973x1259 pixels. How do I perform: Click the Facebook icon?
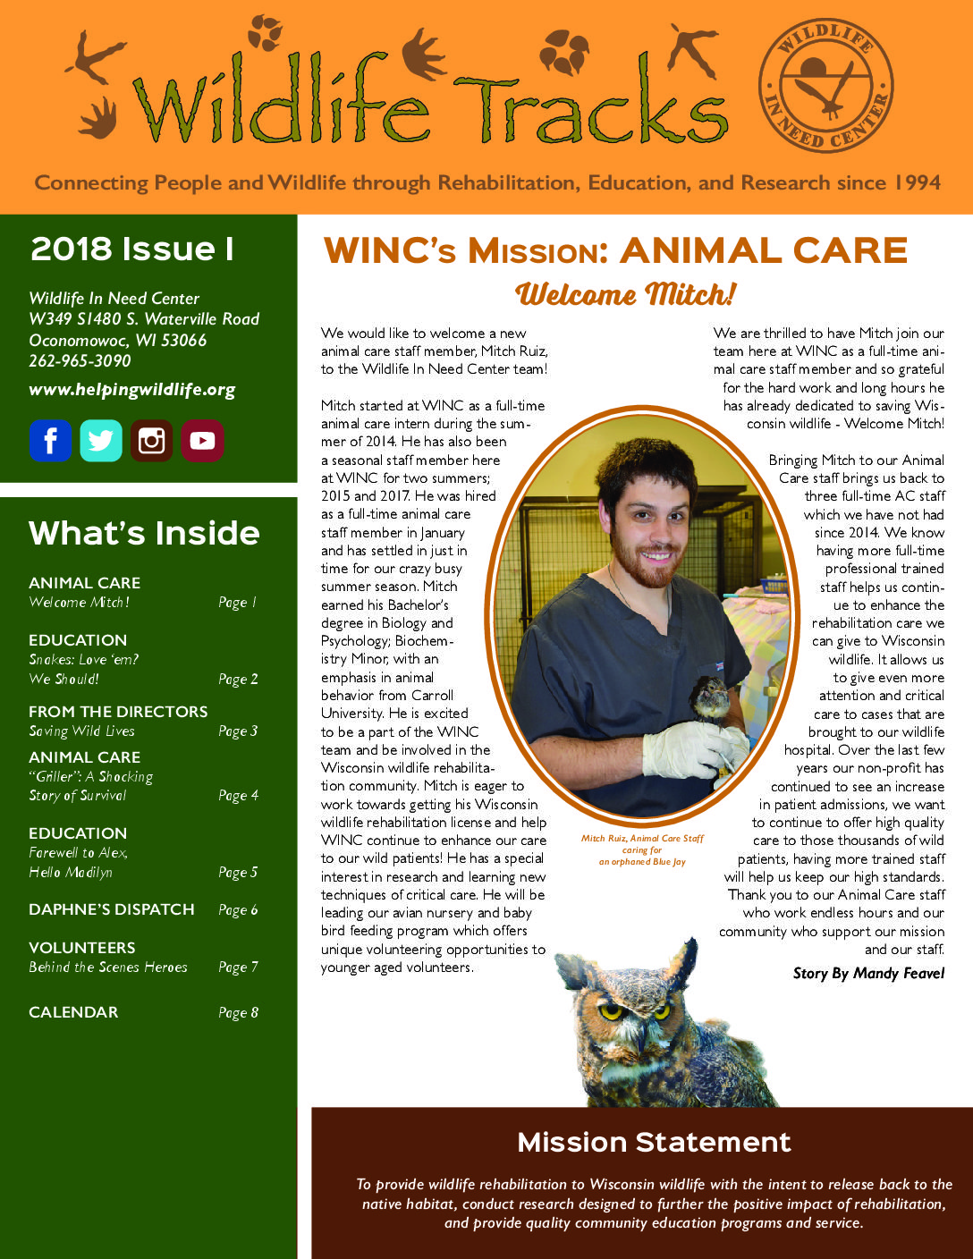click(50, 440)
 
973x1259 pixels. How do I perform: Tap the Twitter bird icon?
click(100, 440)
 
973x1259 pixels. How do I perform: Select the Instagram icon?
click(151, 440)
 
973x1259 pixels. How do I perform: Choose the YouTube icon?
click(202, 440)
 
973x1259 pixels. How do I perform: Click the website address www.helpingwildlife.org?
click(132, 390)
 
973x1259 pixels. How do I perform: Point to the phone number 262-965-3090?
click(80, 361)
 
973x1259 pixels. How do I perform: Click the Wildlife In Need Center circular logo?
click(825, 84)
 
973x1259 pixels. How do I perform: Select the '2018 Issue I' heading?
click(132, 249)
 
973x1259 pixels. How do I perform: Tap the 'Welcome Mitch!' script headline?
click(626, 294)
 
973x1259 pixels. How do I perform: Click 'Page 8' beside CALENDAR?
click(238, 1012)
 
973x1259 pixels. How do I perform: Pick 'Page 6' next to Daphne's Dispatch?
click(238, 909)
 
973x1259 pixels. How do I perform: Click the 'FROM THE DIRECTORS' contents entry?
click(118, 712)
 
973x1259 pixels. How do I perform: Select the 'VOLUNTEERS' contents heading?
click(82, 948)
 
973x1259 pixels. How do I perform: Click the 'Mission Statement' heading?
click(654, 1142)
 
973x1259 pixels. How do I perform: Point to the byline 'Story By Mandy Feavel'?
click(868, 973)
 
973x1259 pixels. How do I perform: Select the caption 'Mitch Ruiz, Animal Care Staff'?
click(642, 839)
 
